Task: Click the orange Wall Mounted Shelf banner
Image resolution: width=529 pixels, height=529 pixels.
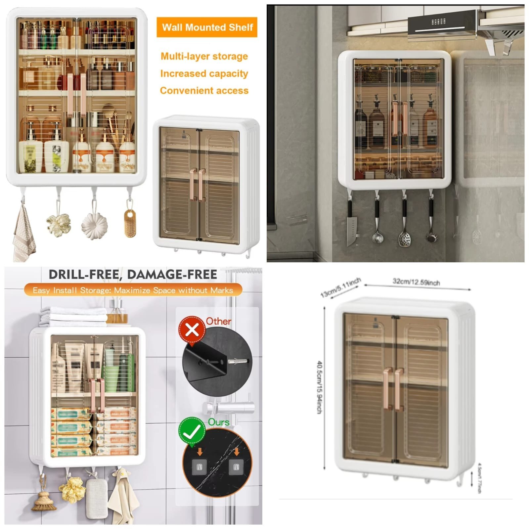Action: [x=207, y=27]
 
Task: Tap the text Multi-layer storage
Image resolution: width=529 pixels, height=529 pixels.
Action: [x=204, y=56]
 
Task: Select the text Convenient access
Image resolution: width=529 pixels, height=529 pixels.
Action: [x=204, y=91]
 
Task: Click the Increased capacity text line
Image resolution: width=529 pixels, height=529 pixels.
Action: [x=204, y=73]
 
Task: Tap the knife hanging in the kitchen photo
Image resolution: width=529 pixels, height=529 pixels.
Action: [x=351, y=225]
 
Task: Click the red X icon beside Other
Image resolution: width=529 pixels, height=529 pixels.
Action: [x=192, y=330]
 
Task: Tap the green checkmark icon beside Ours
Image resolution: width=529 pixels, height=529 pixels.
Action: [x=192, y=431]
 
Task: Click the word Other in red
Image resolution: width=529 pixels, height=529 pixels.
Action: [x=218, y=321]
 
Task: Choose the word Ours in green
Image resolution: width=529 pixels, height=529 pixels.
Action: [x=219, y=422]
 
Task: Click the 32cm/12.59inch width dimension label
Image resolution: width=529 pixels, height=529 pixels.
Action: [x=416, y=282]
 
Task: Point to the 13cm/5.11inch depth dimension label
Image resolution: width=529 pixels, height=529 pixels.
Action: [x=340, y=287]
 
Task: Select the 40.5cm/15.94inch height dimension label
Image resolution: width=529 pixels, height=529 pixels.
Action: [x=320, y=387]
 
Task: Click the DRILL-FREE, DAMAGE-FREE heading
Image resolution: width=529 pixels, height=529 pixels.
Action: [x=133, y=275]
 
